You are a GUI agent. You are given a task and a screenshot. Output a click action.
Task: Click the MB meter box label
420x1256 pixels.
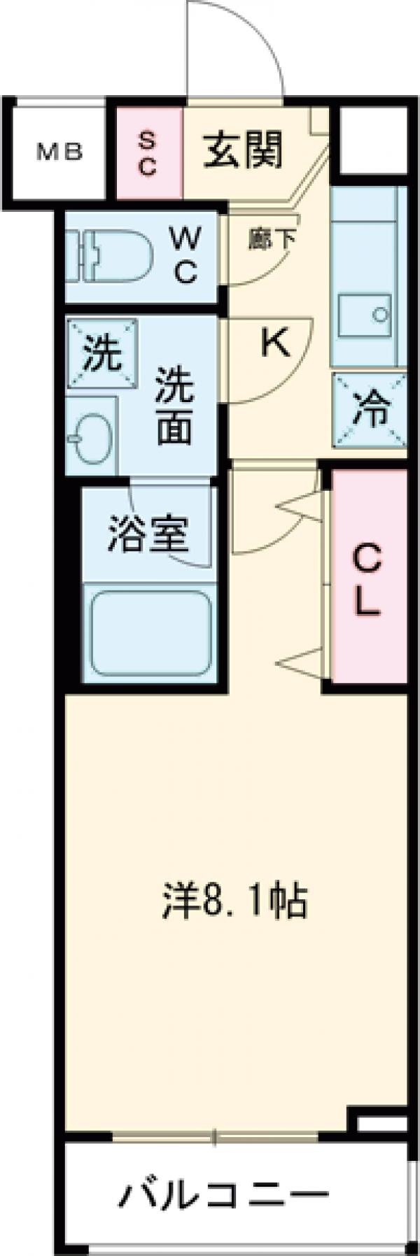point(60,151)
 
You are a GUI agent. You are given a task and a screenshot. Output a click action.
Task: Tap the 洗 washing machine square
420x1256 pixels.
point(102,354)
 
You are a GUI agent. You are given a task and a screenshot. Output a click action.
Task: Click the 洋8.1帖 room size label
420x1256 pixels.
point(234,902)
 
